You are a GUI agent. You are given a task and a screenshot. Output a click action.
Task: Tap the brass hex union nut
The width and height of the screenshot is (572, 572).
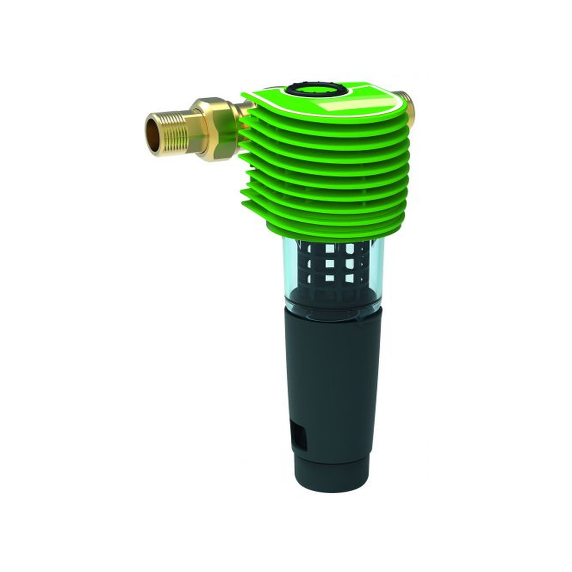pos(216,123)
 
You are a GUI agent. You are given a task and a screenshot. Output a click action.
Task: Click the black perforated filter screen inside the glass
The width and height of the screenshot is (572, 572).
pos(332,265)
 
